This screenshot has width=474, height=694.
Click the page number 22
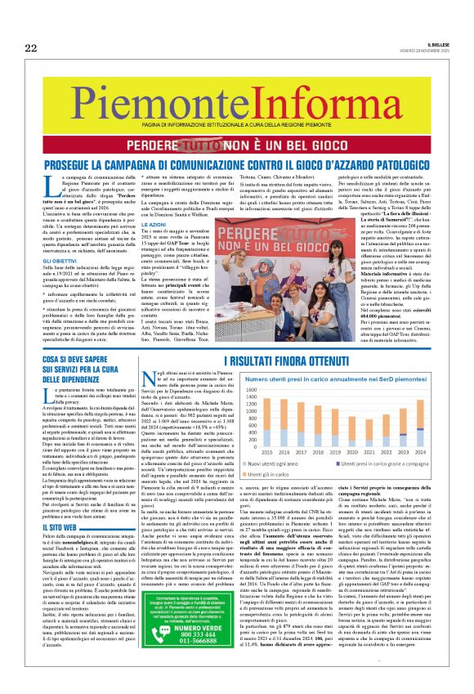coord(30,48)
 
